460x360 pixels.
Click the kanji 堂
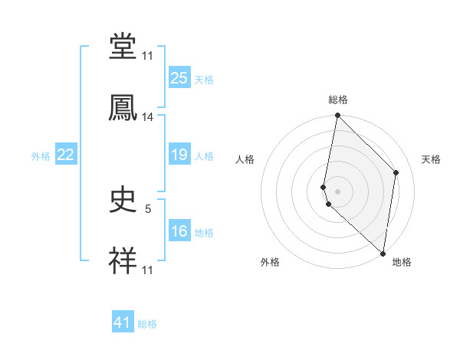point(123,47)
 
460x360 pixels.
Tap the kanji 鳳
point(123,107)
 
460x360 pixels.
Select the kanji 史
point(123,201)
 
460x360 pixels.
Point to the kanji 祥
point(123,260)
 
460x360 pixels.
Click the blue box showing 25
point(179,78)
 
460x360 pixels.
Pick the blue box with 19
point(179,155)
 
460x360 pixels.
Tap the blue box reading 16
point(179,232)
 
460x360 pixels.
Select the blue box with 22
point(65,155)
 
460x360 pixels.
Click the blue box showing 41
point(123,322)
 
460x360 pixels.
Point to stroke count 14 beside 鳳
point(148,117)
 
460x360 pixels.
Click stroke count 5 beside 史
point(148,207)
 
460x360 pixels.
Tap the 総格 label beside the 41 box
point(147,324)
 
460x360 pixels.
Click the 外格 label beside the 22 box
point(41,156)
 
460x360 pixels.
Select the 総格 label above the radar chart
point(338,100)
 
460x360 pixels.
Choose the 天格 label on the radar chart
point(432,159)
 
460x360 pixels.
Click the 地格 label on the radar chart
point(402,262)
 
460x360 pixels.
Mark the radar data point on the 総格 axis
point(337,116)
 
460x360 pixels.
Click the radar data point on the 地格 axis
point(383,254)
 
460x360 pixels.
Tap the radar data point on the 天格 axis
point(396,172)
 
